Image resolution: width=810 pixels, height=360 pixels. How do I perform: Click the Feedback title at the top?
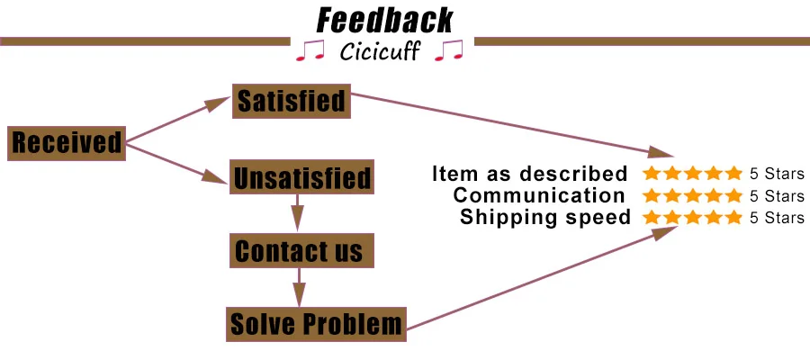tap(384, 21)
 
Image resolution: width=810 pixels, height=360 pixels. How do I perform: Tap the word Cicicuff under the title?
tap(380, 52)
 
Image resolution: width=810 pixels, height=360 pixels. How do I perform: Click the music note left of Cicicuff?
tap(310, 50)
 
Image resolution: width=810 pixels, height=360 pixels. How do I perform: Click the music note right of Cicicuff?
tap(449, 50)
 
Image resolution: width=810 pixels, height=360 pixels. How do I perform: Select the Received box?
tap(67, 143)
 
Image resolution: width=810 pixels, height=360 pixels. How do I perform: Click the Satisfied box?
tap(292, 101)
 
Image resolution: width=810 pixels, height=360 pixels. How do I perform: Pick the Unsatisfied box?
tap(301, 177)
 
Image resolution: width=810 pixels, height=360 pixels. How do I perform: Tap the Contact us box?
tap(301, 250)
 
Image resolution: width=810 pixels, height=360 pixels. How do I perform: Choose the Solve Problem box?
tap(316, 324)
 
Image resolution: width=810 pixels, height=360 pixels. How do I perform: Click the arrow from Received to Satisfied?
tap(177, 120)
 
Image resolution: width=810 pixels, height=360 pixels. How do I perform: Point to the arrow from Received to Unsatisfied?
tap(176, 164)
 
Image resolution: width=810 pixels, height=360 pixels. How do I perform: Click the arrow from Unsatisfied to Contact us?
tap(298, 212)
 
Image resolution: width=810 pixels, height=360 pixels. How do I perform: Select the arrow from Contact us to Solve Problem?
tap(299, 287)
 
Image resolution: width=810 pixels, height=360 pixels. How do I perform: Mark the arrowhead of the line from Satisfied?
tap(661, 152)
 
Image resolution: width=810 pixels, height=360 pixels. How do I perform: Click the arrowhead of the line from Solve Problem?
tap(664, 233)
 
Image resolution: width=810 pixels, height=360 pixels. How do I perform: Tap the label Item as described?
tap(530, 174)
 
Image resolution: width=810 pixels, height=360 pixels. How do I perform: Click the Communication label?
tap(539, 195)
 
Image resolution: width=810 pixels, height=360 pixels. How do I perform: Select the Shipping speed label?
tap(545, 217)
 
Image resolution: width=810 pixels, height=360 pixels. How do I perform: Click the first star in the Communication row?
tap(652, 195)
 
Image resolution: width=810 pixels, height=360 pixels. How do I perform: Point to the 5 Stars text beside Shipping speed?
tap(777, 218)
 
